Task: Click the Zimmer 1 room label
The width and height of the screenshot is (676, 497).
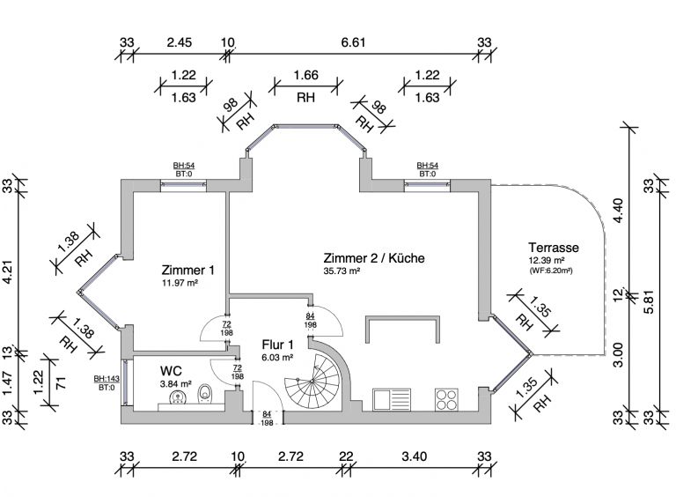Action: point(187,271)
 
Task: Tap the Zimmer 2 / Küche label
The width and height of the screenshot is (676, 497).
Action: point(374,258)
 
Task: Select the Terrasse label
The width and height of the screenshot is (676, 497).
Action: point(554,248)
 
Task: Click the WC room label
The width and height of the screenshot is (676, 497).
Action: point(171,371)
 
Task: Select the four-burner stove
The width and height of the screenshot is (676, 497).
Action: point(447,398)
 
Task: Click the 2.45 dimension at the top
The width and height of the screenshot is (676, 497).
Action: point(179,41)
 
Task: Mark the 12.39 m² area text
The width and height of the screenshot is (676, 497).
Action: point(549,261)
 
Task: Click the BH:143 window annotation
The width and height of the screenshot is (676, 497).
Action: point(107,379)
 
